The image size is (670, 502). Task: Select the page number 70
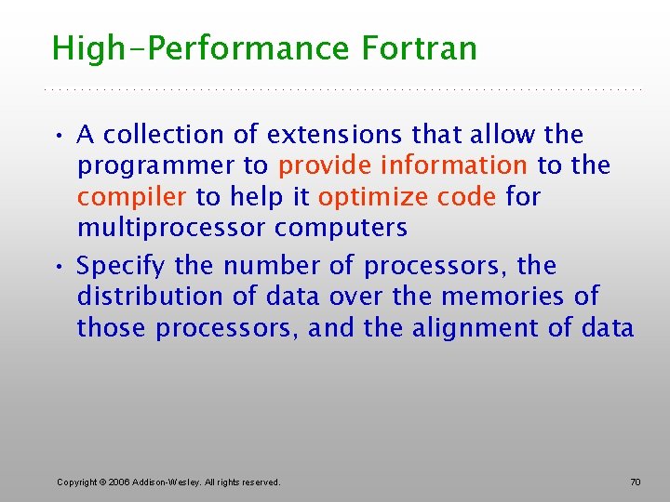[x=636, y=482]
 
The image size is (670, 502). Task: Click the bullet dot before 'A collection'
[x=59, y=136]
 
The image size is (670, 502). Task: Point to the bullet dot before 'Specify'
[x=59, y=267]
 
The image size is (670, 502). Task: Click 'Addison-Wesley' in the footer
[x=165, y=482]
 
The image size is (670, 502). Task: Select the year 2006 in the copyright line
[x=118, y=482]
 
